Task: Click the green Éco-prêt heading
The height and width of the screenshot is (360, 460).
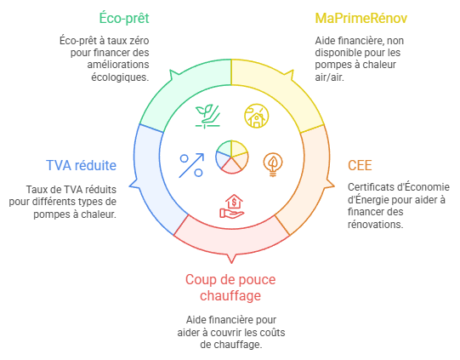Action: coord(124,18)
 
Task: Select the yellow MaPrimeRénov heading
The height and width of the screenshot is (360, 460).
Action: coord(361,18)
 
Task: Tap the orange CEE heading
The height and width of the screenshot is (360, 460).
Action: coord(360,165)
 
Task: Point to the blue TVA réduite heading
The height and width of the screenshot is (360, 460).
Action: coord(82,165)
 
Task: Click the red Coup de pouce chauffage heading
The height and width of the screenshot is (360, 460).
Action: coord(230,288)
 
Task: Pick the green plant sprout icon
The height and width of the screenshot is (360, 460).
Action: coord(207,117)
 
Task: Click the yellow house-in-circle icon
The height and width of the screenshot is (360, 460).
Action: coord(257,116)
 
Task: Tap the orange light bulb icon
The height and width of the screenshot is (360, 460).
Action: coord(273,164)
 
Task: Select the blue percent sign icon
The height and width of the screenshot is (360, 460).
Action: coord(191,165)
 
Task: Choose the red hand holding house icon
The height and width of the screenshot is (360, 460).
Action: coord(232,207)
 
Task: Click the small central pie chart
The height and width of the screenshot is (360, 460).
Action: coord(232,157)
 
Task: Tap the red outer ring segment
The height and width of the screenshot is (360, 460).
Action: coord(232,241)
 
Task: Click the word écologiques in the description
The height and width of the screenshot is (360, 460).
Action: coord(120,77)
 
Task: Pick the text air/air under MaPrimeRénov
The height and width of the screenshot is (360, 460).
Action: coord(329,77)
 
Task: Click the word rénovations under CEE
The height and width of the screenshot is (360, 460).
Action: coord(376,225)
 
